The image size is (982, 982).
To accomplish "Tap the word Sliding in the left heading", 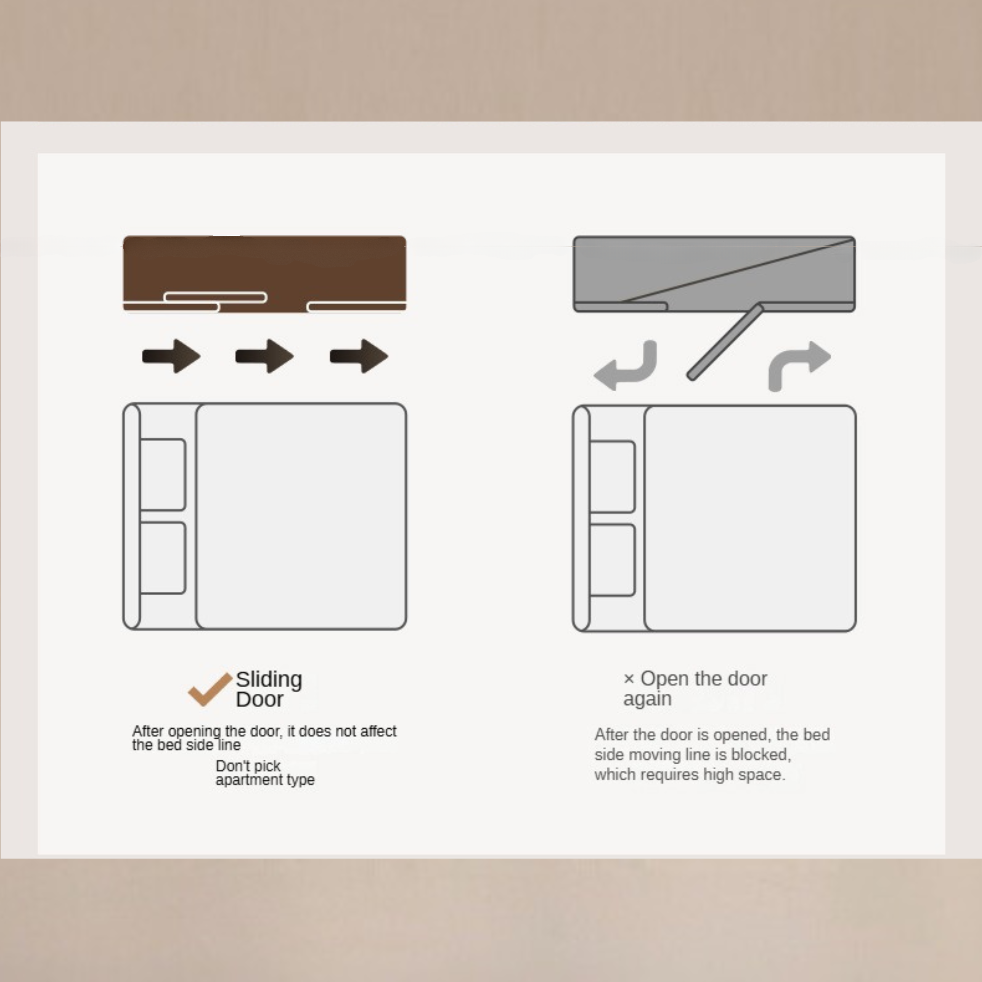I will click(269, 679).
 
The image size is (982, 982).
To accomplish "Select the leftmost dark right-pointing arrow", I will click(171, 356).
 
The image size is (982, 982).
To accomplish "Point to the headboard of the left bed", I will click(132, 516).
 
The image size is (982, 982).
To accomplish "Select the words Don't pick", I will click(248, 766).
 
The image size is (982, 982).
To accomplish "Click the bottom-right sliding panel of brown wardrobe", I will click(357, 306).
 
